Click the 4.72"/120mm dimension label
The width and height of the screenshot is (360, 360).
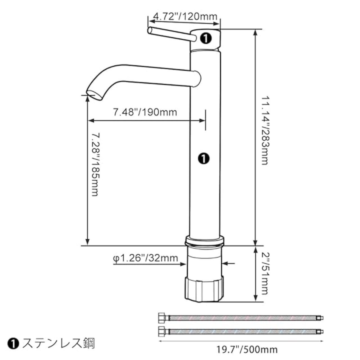(x=185, y=17)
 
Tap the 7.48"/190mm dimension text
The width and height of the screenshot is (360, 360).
(x=145, y=112)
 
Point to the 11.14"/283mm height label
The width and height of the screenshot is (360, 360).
(x=265, y=130)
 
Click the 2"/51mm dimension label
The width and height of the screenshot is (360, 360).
(x=265, y=274)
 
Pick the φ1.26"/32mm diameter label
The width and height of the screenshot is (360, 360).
(x=145, y=258)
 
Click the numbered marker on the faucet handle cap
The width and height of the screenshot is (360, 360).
(x=206, y=38)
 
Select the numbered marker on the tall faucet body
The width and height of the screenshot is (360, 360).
(x=204, y=159)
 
